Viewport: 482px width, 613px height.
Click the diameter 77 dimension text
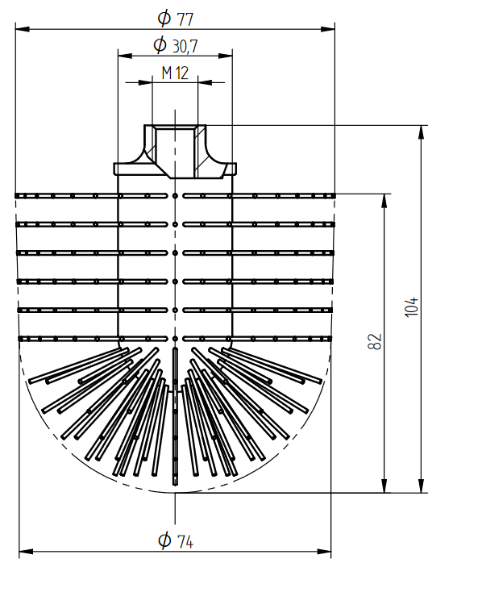(176, 18)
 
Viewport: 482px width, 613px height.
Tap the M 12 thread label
(175, 73)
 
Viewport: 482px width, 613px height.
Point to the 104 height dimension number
(411, 307)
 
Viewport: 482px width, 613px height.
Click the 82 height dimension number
(375, 342)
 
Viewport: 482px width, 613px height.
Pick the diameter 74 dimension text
(176, 540)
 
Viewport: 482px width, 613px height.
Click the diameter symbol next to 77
(164, 18)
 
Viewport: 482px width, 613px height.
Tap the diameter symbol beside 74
(164, 540)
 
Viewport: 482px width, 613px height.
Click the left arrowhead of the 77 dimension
(23, 29)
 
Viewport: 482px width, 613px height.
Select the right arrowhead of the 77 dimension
(328, 29)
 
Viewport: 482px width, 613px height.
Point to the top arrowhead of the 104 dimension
(421, 132)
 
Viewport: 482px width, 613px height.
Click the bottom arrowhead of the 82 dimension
(384, 486)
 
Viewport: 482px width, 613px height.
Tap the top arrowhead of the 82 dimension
(384, 201)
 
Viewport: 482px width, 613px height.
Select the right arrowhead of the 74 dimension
(324, 551)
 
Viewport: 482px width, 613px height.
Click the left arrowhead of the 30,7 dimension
(125, 56)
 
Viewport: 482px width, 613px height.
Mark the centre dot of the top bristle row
(175, 195)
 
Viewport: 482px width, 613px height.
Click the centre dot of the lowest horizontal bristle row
(175, 339)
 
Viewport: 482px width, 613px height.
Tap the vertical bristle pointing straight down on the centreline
(175, 416)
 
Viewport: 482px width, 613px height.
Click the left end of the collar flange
(114, 169)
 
